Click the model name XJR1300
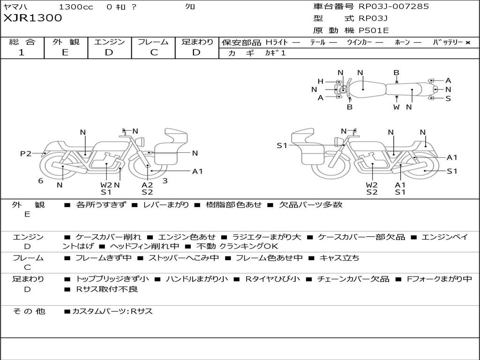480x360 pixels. [33, 18]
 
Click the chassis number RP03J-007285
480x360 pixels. [394, 7]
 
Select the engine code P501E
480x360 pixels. [374, 30]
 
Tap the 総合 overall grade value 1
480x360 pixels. [22, 52]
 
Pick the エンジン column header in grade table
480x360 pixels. [109, 42]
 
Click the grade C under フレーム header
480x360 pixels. [153, 52]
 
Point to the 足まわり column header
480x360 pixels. [197, 42]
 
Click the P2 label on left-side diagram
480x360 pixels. [25, 153]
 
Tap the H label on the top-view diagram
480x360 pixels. [320, 81]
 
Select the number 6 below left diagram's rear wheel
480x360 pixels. [41, 180]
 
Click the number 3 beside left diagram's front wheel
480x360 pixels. [165, 180]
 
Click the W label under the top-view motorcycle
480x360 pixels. [397, 107]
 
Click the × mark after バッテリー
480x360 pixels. [467, 42]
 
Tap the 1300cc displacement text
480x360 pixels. [76, 7]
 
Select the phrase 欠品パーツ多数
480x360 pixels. [311, 204]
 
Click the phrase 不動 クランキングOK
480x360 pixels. [237, 246]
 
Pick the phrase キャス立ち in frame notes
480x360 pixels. [339, 258]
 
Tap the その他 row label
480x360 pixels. [29, 311]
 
